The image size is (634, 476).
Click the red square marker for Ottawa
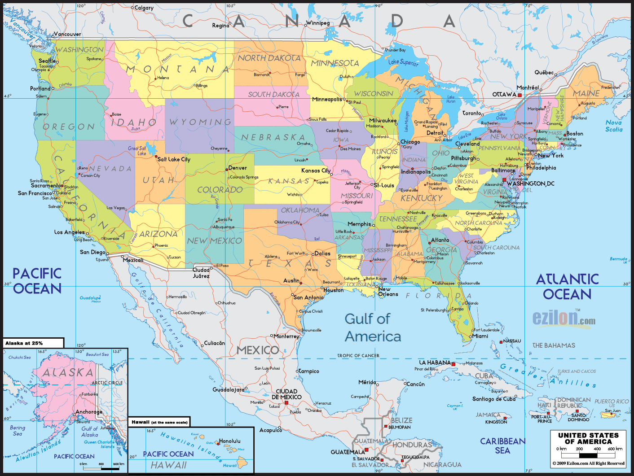(520, 95)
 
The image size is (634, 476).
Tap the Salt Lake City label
(174, 159)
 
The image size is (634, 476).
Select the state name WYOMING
(200, 122)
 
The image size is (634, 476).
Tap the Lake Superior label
(403, 62)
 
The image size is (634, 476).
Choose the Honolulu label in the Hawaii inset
(230, 441)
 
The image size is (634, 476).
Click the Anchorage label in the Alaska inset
(89, 412)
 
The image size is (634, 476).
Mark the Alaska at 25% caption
(24, 343)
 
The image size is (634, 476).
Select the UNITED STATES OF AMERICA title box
(588, 449)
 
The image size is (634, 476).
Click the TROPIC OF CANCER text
(358, 355)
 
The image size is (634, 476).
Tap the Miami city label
(480, 336)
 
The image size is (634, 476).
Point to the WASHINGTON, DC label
(530, 183)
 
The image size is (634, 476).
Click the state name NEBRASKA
(273, 137)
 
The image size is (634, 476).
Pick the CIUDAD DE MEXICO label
(286, 394)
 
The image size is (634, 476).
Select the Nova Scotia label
(614, 126)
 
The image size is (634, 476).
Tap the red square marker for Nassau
(501, 342)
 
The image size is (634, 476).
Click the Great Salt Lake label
(137, 151)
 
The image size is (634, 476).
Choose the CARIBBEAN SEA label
(502, 446)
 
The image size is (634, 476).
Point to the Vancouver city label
(67, 34)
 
